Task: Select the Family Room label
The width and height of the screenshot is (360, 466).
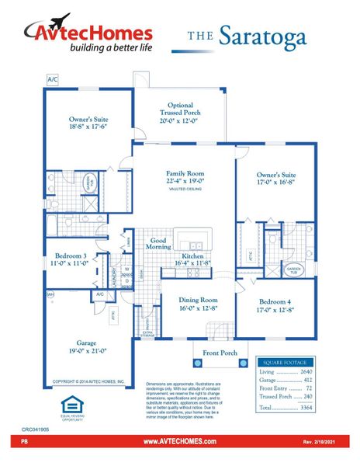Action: click(184, 178)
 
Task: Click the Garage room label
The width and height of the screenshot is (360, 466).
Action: click(86, 346)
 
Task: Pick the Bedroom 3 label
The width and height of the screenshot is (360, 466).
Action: click(71, 259)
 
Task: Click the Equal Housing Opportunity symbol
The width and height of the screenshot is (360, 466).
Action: click(71, 406)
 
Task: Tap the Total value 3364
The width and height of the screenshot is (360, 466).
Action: click(306, 407)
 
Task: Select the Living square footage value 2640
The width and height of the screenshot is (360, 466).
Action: click(306, 372)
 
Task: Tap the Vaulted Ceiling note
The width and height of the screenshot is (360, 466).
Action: click(184, 189)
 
